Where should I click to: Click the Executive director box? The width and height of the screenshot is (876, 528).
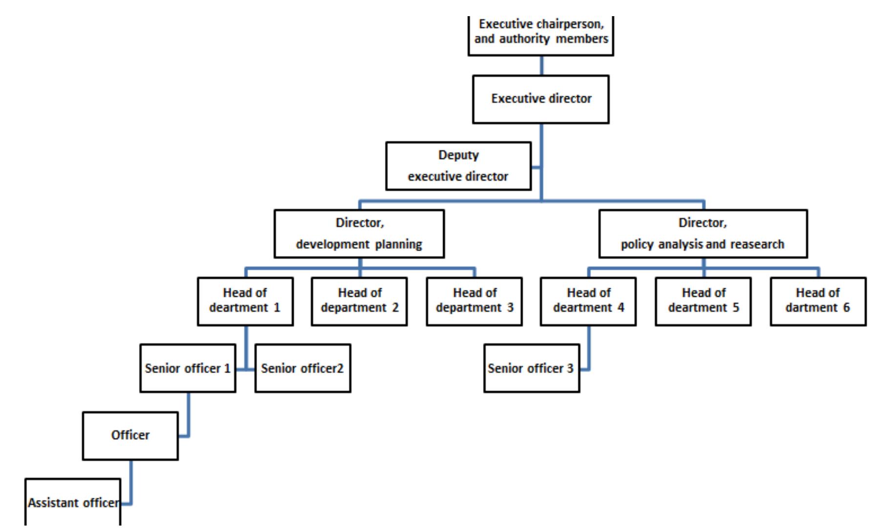[540, 99]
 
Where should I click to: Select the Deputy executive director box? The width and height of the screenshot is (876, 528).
[458, 166]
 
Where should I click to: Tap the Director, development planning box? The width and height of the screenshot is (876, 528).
[359, 234]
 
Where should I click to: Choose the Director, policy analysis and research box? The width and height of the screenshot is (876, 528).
[703, 234]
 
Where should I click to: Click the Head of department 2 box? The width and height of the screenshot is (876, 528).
[359, 302]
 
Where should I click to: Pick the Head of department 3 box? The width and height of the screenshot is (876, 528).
[474, 302]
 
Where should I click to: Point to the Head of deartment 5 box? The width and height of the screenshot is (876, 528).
[703, 302]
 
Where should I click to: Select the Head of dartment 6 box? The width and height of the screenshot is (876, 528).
[818, 302]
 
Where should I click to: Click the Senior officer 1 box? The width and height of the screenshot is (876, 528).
[188, 368]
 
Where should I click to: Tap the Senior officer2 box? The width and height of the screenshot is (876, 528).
[302, 368]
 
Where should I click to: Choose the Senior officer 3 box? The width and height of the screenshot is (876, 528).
[532, 368]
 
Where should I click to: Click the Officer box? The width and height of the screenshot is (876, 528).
[130, 436]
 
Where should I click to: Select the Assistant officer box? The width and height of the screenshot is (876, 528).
[72, 503]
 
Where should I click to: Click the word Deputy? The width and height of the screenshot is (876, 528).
[458, 155]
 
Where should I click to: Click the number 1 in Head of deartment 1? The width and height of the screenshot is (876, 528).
[277, 308]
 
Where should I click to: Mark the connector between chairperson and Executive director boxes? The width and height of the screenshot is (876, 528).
[541, 66]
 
